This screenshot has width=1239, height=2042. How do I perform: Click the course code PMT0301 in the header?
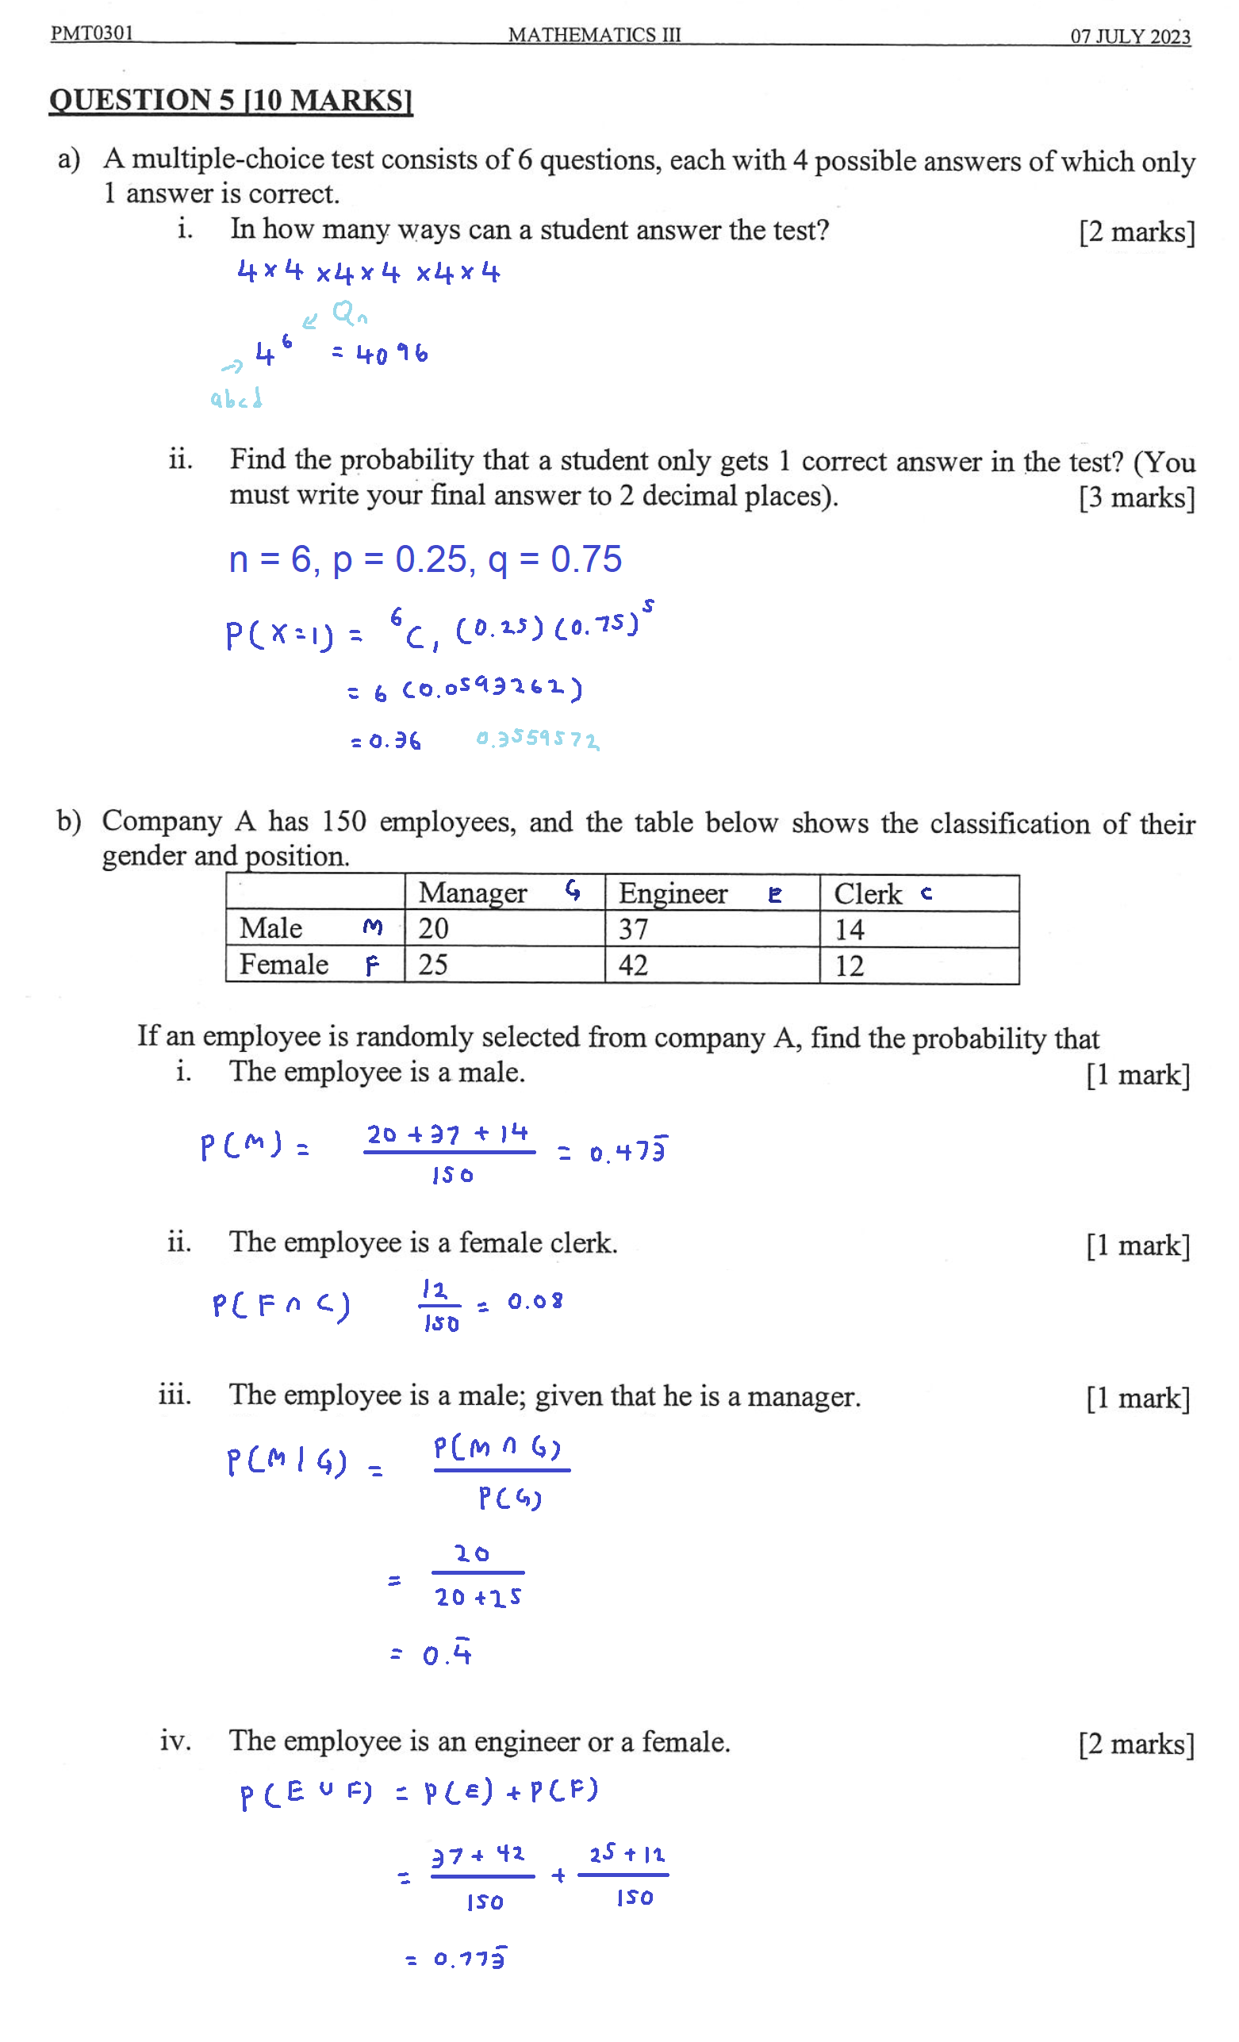coord(91,33)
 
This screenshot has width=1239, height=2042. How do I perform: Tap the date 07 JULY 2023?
coord(1130,36)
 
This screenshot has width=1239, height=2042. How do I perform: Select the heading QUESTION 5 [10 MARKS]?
coord(230,100)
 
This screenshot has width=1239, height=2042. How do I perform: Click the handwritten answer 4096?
coord(392,355)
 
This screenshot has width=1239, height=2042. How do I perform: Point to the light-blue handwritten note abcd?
coord(236,400)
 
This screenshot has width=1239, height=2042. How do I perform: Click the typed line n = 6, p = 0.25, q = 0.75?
coord(424,559)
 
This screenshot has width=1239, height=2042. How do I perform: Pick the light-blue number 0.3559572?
coord(537,739)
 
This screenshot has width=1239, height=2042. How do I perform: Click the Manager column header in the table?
coord(473,892)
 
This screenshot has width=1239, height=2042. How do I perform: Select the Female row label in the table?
coord(283,965)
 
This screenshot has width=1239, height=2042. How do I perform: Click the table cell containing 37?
coord(633,929)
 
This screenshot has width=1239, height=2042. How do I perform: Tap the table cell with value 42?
coord(633,965)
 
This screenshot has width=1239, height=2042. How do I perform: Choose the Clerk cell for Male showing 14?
coord(850,930)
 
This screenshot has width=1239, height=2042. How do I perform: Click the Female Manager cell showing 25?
coord(432,965)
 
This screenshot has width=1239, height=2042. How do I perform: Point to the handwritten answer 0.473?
coord(627,1152)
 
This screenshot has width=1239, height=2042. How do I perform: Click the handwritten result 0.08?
coord(535,1302)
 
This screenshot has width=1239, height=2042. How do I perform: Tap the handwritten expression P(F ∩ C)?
coord(281,1306)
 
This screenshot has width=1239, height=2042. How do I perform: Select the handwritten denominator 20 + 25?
coord(478,1597)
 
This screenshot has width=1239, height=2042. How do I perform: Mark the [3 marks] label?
coord(1136,498)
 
